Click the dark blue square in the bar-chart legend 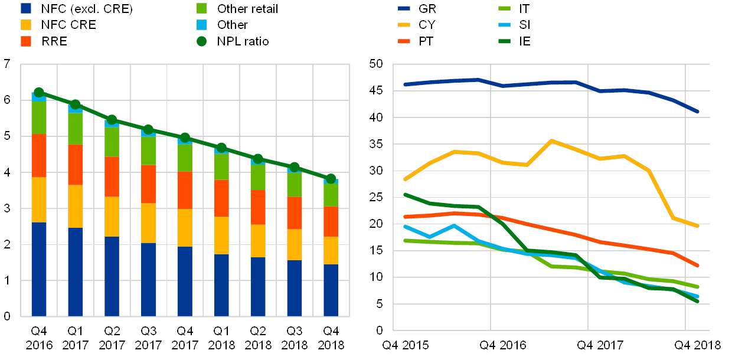coord(26,9)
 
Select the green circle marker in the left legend coord(201,41)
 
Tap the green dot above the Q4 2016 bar coord(39,92)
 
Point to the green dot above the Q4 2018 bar coord(331,178)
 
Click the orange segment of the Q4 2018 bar coord(331,221)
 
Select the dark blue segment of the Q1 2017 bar coord(75,271)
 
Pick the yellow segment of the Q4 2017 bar coord(185,227)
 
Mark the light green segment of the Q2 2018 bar coord(258,177)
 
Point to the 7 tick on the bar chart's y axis coord(7,64)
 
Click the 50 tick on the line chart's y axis coord(376,64)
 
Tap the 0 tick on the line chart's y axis coord(380,330)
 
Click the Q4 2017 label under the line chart coord(603,345)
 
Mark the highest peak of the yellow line coord(551,140)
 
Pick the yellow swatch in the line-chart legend coord(403,25)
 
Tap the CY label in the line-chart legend coord(427,25)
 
